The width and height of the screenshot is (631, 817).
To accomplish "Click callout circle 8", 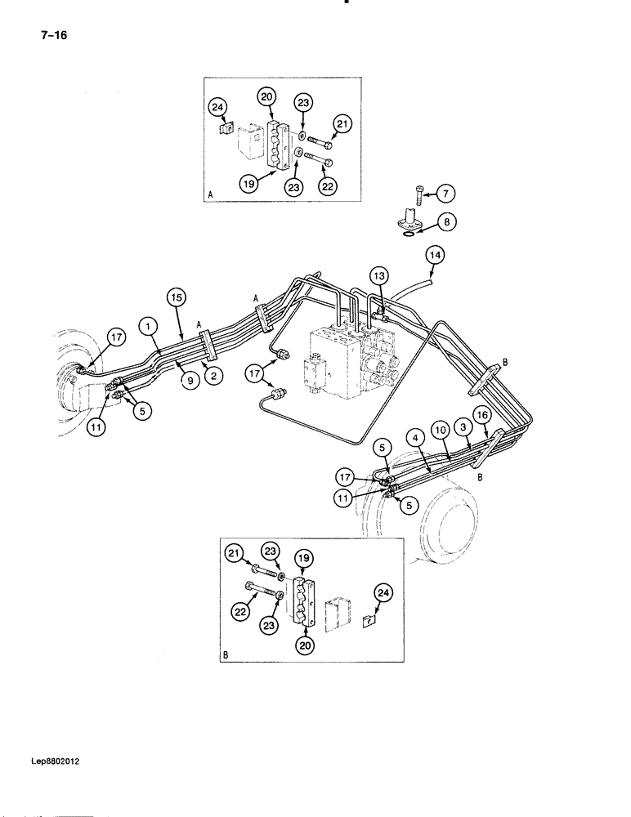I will tap(445, 221).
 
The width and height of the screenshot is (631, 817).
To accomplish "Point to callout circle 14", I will tap(435, 257).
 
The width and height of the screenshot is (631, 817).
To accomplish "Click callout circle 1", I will tap(148, 326).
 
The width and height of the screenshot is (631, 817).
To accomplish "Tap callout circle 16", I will tap(482, 417).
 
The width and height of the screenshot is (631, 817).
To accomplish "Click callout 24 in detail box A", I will tap(217, 105).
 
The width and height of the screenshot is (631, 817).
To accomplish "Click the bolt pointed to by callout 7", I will tap(419, 193).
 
